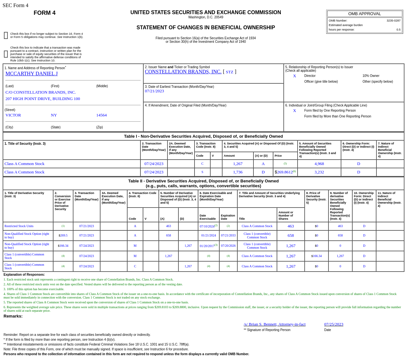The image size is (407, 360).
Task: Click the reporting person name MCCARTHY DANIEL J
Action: (x=32, y=74)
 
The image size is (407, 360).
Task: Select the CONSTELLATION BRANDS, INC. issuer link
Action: (x=183, y=72)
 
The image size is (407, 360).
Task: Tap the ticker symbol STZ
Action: (x=230, y=72)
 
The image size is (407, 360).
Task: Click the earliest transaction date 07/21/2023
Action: (x=154, y=91)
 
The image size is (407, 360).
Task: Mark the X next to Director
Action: (x=294, y=76)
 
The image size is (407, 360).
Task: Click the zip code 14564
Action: (x=101, y=115)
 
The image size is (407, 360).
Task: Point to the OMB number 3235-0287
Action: (x=393, y=21)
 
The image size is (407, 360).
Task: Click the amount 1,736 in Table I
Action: (x=238, y=172)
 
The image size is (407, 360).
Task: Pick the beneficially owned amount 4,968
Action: (x=319, y=164)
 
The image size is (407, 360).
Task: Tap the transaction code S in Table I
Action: (x=202, y=172)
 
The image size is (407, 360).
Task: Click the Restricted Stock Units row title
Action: (x=19, y=226)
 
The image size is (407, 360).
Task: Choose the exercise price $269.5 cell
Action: (x=63, y=235)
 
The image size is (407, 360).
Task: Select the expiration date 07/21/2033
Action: (x=228, y=235)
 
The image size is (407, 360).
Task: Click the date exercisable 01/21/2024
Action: (x=208, y=235)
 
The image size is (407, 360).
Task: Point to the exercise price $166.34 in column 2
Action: (x=63, y=246)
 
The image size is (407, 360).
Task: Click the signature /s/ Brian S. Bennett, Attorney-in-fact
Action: (x=274, y=324)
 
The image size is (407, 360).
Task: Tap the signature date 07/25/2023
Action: (x=334, y=324)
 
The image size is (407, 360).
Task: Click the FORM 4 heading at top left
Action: (x=44, y=13)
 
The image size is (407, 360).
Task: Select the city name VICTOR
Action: (x=13, y=115)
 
